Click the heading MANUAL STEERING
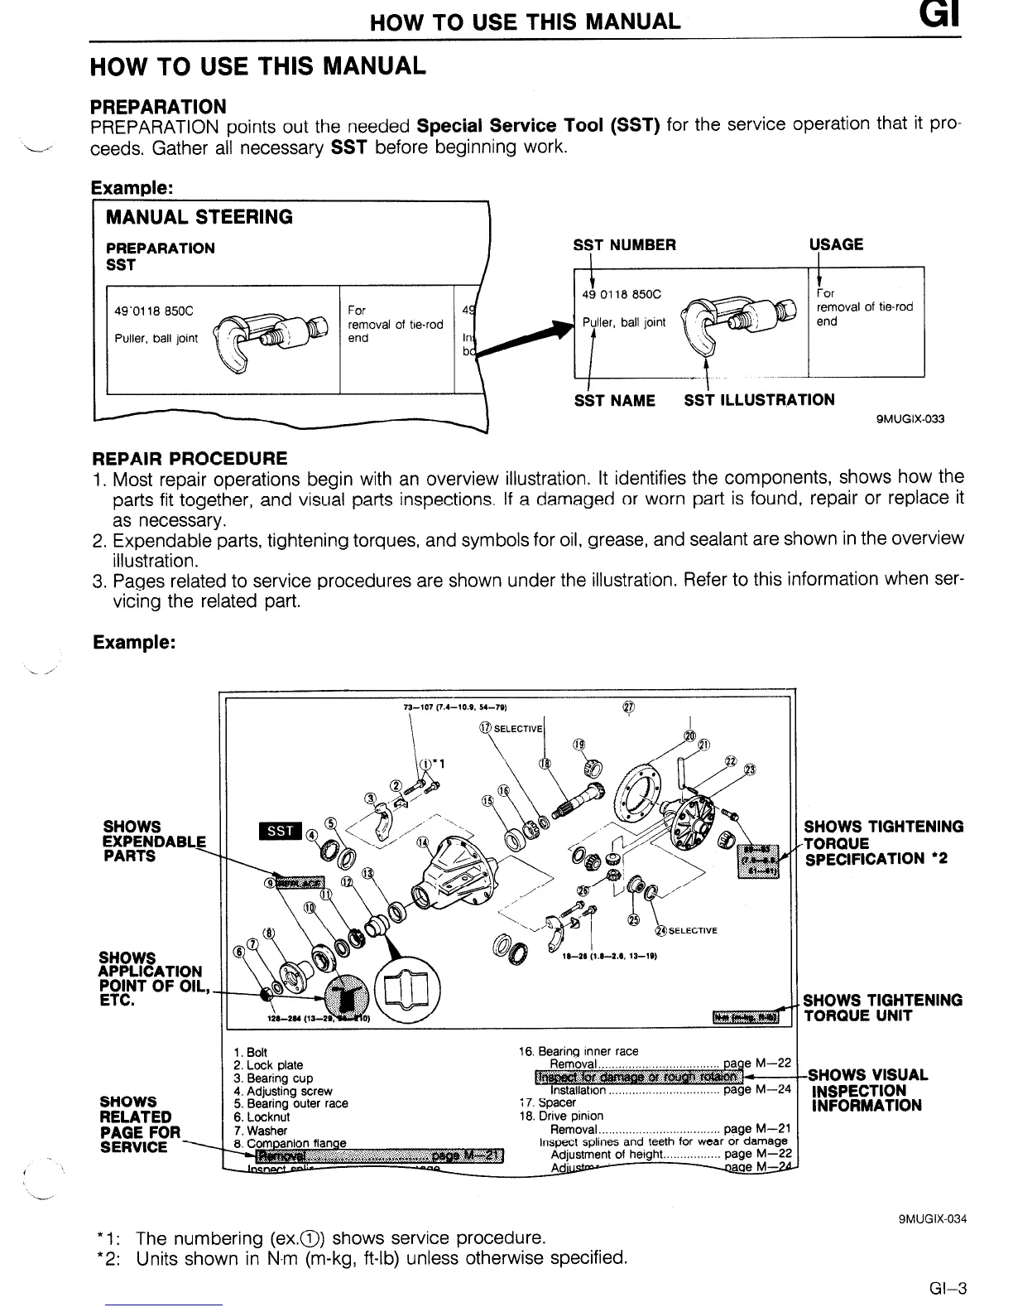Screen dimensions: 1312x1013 click(x=199, y=217)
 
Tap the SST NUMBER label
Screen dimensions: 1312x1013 click(x=624, y=244)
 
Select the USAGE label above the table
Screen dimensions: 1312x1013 click(x=836, y=244)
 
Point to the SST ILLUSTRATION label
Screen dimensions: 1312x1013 click(x=759, y=400)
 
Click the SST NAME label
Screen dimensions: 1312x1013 click(x=614, y=401)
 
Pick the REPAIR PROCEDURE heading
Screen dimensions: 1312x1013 click(x=190, y=458)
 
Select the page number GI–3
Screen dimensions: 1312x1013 click(x=948, y=1288)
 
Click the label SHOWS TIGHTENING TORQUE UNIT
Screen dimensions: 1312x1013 click(x=882, y=1008)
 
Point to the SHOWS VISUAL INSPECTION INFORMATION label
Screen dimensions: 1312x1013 click(x=867, y=1090)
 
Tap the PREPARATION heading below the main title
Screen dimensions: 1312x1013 click(x=157, y=106)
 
